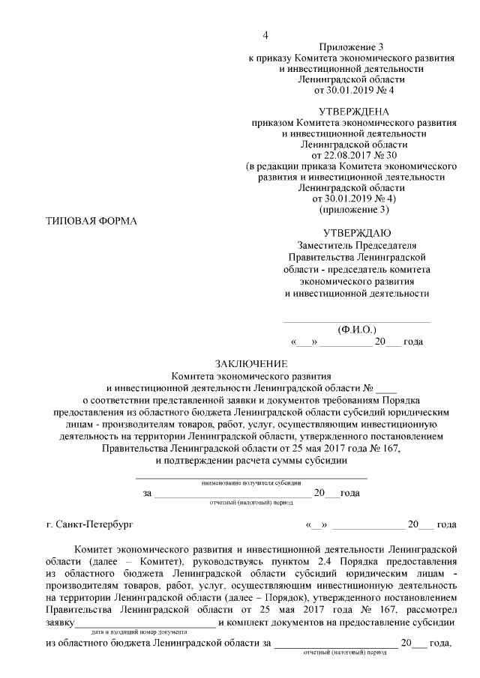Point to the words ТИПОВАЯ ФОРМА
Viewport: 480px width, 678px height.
point(92,220)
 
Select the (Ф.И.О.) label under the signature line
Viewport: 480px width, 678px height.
point(357,329)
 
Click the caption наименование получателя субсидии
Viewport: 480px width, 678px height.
point(251,482)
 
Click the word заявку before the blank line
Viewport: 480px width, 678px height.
point(59,623)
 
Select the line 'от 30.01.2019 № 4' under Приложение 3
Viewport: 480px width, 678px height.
point(352,90)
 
